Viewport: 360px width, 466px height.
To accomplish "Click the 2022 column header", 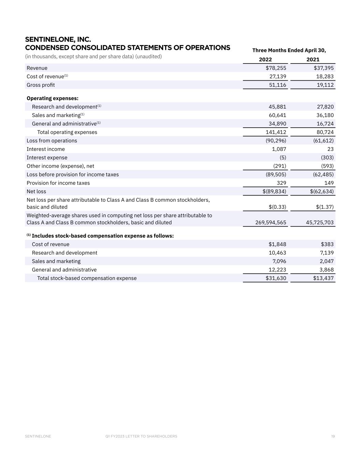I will [x=265, y=59].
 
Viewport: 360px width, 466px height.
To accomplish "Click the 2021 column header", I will [x=313, y=59].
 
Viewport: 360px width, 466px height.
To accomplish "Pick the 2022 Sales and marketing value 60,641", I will [x=277, y=115].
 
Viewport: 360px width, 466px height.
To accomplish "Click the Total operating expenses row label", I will [x=67, y=132].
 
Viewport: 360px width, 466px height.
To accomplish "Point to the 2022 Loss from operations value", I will [x=275, y=141].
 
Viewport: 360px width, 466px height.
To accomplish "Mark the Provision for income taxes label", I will [x=58, y=183].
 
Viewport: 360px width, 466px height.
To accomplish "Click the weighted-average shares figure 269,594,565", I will [x=271, y=223].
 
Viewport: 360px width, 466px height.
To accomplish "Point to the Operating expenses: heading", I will [x=53, y=98].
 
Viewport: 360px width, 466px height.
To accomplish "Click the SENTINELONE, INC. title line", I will [x=58, y=40].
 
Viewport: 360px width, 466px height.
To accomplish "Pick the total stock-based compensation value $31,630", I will [x=276, y=278].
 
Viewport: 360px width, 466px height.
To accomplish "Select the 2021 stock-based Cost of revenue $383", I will [x=327, y=244].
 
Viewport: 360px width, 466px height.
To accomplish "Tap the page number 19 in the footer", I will [x=333, y=436].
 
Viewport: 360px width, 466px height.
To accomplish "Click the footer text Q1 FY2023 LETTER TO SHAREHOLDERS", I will [x=141, y=436].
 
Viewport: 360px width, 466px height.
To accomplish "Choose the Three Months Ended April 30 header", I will [x=289, y=50].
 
